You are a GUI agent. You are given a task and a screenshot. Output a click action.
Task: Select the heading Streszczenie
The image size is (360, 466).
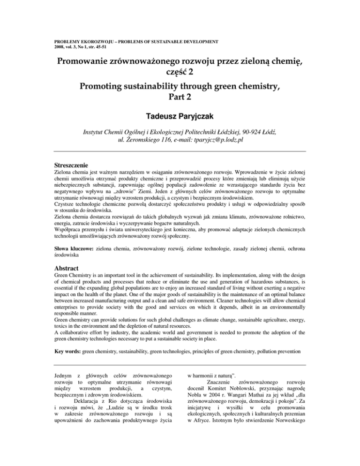tap(71, 165)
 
